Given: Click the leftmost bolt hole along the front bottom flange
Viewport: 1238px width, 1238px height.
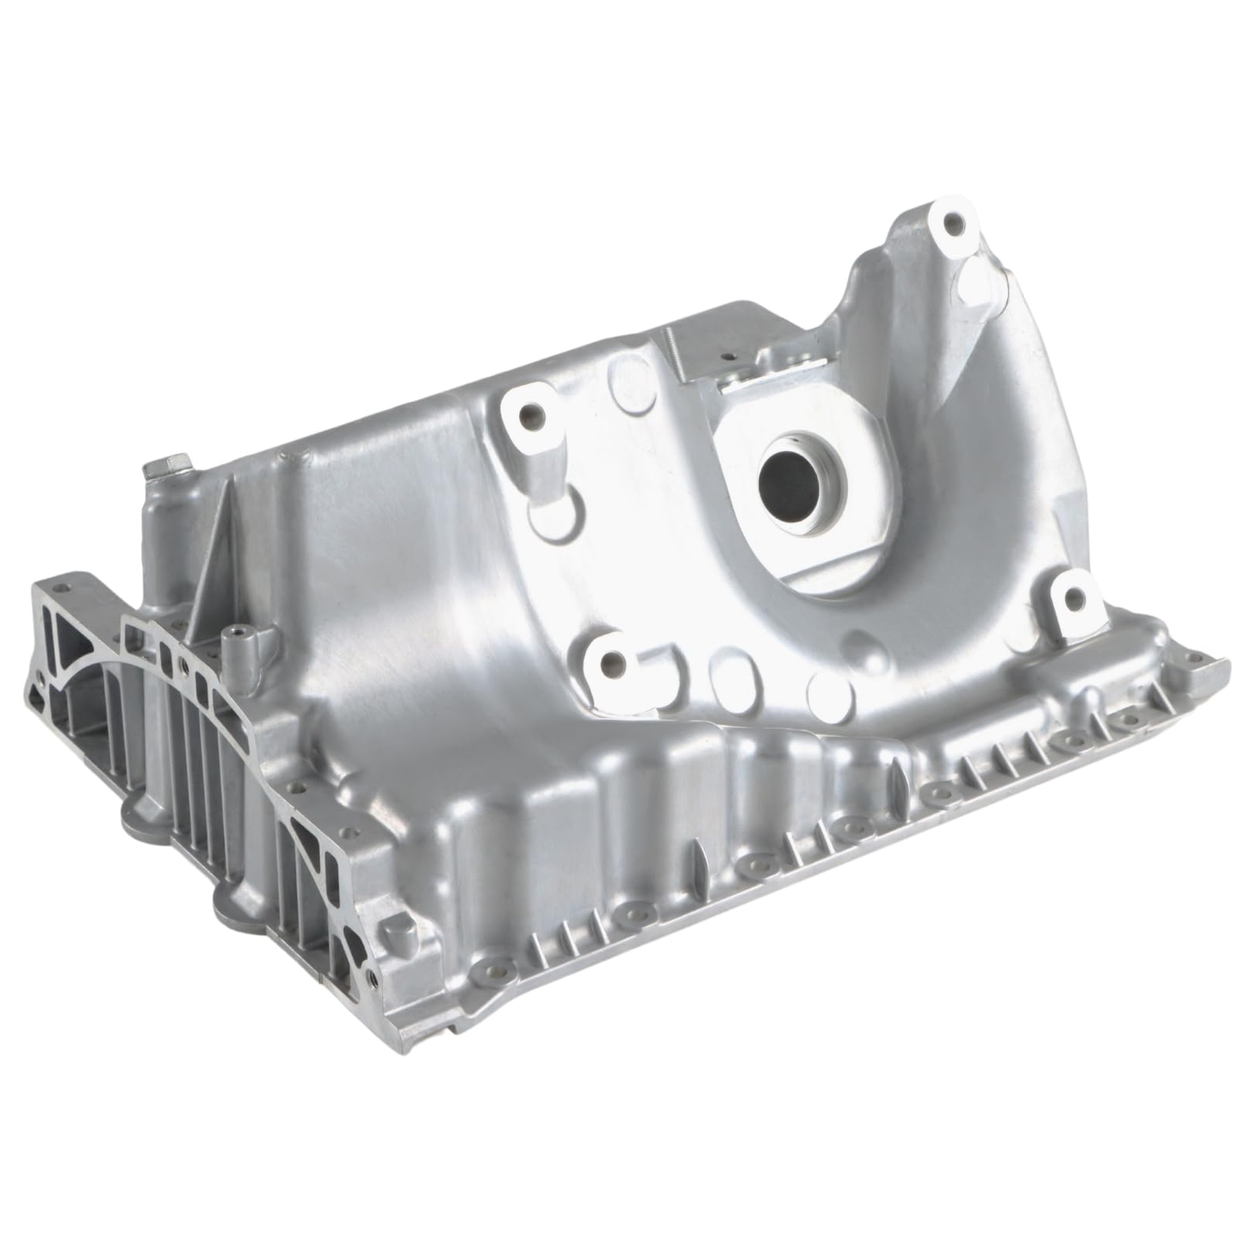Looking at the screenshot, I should (x=492, y=966).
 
